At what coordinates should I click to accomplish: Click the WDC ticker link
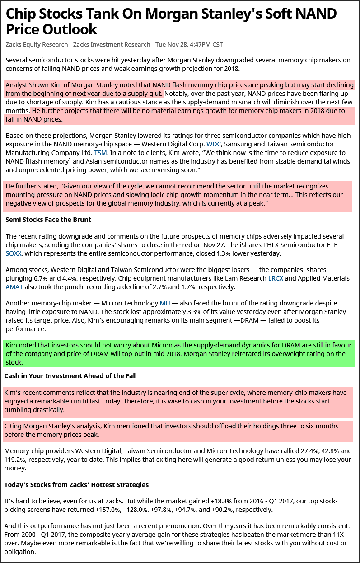(214, 144)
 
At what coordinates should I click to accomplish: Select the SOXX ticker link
(13, 253)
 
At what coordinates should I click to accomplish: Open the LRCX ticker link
(276, 278)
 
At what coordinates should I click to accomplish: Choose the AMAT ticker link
(14, 287)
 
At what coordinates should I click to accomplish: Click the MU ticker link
(165, 303)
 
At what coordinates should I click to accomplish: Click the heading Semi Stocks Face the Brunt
(48, 220)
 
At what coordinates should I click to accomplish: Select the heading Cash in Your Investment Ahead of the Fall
(70, 376)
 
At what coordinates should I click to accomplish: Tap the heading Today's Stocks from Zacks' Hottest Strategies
(76, 485)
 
